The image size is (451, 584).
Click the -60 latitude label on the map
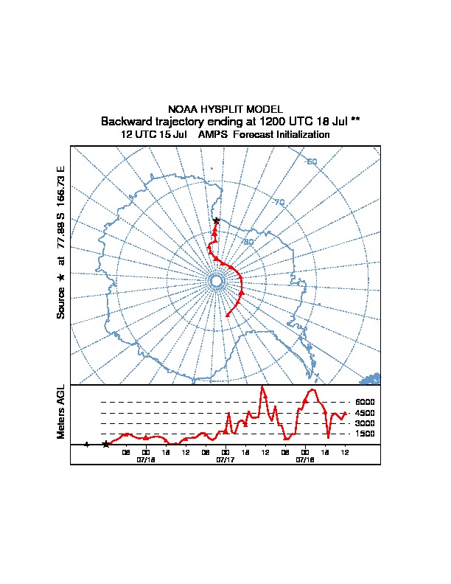[312, 162]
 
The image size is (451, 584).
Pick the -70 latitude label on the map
[279, 202]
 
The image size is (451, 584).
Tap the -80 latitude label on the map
[249, 241]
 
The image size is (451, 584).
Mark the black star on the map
[216, 220]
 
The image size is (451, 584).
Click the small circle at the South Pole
[216, 281]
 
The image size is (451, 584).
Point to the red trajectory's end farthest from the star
[227, 316]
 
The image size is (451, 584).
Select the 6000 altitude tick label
[366, 402]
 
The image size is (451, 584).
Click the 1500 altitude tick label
[366, 434]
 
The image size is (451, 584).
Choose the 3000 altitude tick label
[366, 423]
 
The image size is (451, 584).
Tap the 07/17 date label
[225, 459]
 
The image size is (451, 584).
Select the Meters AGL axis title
[61, 411]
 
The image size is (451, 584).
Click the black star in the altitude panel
[106, 444]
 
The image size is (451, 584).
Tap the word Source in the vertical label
[61, 302]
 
